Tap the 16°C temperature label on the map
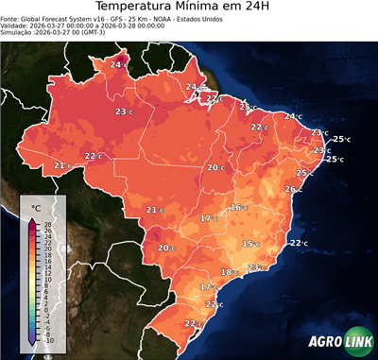point(239,207)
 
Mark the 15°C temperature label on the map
point(250,244)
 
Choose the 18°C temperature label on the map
point(229,272)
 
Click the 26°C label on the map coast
point(293,189)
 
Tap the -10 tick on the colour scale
point(48,339)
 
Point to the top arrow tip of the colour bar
point(32,219)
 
